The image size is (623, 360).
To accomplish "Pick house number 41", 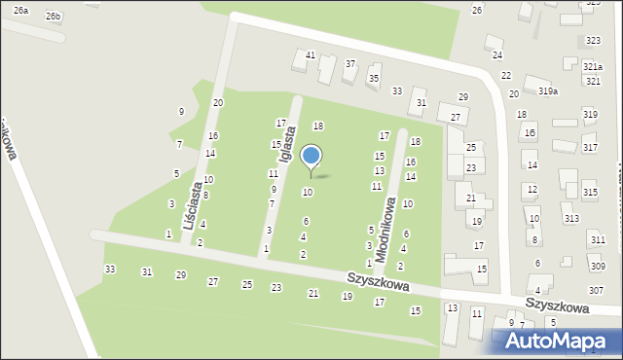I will point(311,54).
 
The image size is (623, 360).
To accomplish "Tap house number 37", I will point(350,63).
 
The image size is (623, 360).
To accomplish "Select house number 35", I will point(374,78).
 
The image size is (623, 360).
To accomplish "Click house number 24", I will point(497,55).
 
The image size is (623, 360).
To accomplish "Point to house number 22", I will point(506,75).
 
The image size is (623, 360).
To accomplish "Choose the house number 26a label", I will point(21,9).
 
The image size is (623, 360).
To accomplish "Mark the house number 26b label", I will point(53,17).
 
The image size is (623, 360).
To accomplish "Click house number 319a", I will point(548,91).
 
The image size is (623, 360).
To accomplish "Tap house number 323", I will point(593,40).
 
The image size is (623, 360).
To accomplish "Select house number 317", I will point(590,147).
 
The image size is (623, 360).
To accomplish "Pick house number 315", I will point(590,194).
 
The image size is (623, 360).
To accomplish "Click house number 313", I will point(570,219).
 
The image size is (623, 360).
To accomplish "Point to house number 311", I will point(597,239).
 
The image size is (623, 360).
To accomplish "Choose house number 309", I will point(597,266).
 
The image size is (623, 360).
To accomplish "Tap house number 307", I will point(596,291).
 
